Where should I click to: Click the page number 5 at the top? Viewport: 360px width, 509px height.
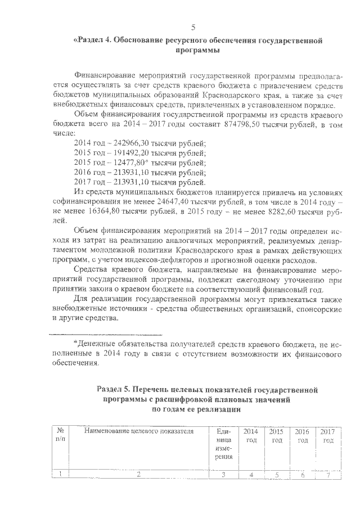[x=193, y=27]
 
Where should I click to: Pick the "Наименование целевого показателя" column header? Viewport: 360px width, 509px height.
[x=138, y=431]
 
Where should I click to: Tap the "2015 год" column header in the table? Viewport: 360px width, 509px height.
[x=276, y=435]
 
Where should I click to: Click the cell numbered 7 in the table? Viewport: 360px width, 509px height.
[x=327, y=474]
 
